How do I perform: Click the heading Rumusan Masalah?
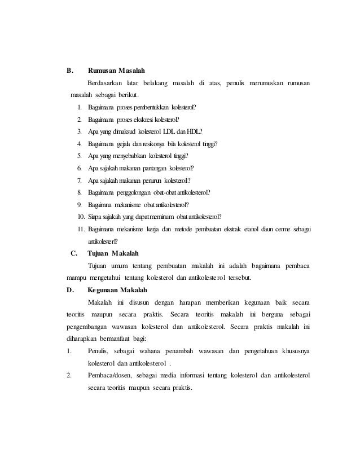tap(117, 72)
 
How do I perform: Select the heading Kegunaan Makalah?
tap(118, 290)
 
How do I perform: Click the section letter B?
tap(70, 72)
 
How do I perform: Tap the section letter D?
tap(70, 290)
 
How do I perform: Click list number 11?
tap(80, 229)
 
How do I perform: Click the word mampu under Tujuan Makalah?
tap(75, 278)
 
